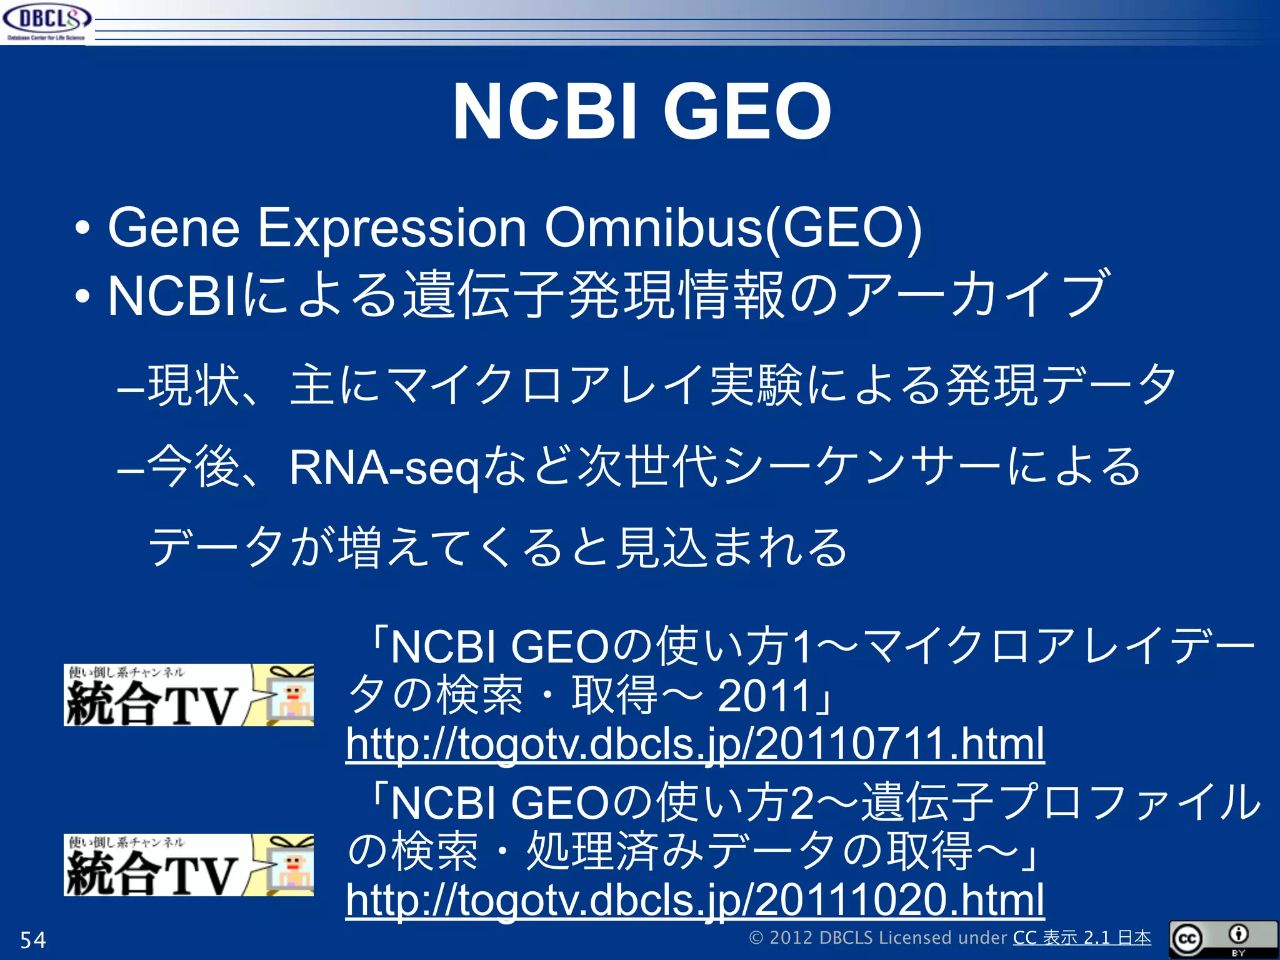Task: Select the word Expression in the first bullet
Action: click(392, 228)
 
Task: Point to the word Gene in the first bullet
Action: click(174, 228)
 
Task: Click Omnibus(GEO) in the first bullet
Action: click(732, 228)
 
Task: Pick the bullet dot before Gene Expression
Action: click(82, 229)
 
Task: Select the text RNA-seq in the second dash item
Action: click(384, 467)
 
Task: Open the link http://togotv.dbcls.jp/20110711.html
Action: click(695, 743)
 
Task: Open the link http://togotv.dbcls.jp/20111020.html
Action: click(695, 899)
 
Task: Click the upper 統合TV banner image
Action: click(188, 695)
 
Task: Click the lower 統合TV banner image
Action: click(188, 865)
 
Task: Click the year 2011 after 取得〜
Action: click(764, 696)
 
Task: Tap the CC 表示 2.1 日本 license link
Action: click(1081, 937)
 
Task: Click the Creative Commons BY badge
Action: click(1222, 939)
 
